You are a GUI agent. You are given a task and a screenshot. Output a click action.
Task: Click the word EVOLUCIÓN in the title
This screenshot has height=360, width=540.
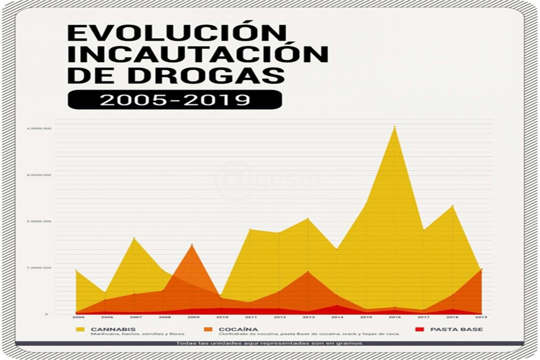click(x=177, y=33)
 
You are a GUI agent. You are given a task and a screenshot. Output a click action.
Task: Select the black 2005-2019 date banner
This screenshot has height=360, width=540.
click(x=174, y=100)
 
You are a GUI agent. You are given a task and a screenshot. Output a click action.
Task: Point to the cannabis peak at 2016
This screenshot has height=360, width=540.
click(x=395, y=127)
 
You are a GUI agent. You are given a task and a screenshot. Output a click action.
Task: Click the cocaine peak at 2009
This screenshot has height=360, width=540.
click(x=192, y=245)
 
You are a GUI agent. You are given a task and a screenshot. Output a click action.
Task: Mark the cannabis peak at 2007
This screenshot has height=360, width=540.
click(x=134, y=238)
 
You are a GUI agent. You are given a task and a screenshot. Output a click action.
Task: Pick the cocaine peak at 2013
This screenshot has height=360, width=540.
click(x=308, y=272)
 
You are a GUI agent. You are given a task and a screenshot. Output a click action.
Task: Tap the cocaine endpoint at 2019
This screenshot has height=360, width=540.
click(x=481, y=269)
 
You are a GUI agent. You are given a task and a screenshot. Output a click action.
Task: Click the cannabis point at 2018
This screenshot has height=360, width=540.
click(x=452, y=206)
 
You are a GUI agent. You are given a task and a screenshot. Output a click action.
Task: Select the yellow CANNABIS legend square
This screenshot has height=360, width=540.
click(x=80, y=330)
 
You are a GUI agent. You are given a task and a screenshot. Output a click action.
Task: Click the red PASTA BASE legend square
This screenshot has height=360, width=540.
click(x=420, y=330)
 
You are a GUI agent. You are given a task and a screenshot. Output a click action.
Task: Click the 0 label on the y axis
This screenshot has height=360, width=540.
click(x=47, y=314)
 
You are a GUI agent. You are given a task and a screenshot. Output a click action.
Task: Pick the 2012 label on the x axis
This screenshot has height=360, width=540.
click(x=279, y=317)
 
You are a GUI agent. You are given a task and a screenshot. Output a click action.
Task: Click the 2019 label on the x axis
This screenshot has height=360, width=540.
click(x=481, y=317)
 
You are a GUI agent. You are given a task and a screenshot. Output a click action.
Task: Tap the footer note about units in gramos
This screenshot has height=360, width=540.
click(x=269, y=343)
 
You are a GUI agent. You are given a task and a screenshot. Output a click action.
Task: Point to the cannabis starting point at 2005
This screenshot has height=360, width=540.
click(x=76, y=271)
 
